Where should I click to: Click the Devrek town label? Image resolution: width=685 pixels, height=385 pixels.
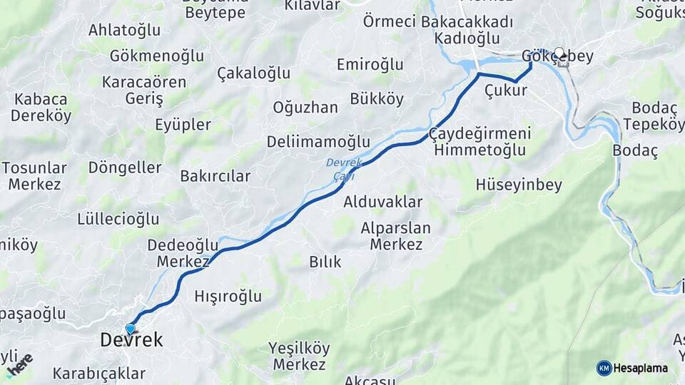point(131,341)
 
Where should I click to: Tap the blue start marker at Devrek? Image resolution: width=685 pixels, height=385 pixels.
point(130,329)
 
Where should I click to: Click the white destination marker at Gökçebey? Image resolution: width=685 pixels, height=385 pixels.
point(559,53)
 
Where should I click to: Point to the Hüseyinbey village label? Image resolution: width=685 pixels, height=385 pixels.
point(519,185)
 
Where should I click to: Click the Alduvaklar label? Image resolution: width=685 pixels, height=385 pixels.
point(383,202)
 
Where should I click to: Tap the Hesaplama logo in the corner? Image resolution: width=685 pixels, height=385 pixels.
point(632,368)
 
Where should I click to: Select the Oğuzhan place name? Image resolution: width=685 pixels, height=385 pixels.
point(305,108)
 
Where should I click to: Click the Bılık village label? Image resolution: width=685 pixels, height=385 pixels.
point(325,262)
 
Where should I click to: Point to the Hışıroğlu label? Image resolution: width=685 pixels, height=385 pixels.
point(228,297)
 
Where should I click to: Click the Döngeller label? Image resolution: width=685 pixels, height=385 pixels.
point(125,168)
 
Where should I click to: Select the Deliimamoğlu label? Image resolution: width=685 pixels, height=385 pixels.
point(318,142)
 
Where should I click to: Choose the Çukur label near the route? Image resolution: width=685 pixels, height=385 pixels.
point(505,91)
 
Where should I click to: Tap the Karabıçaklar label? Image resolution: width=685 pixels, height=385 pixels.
point(99,374)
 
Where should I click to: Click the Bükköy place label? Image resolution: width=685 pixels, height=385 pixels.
point(377,99)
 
